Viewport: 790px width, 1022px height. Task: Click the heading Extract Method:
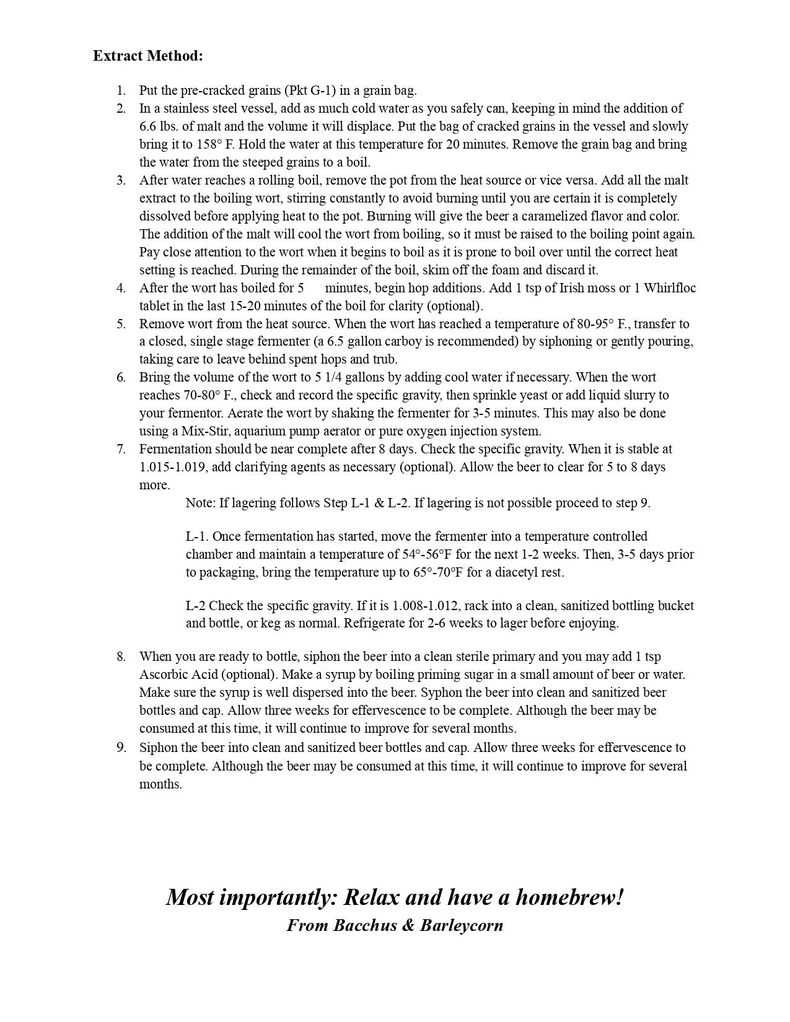point(148,56)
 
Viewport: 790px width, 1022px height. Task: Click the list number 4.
point(121,288)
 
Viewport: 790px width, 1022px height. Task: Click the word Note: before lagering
point(200,503)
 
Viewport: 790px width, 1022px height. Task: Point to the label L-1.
point(197,536)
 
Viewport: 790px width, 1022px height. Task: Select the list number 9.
point(121,748)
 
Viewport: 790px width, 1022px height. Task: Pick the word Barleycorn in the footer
point(462,925)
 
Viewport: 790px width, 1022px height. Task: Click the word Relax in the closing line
point(372,897)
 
